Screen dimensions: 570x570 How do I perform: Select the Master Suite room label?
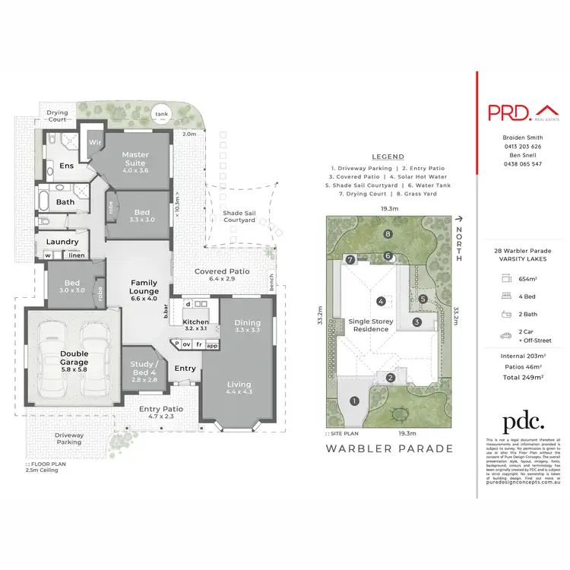pyautogui.click(x=135, y=159)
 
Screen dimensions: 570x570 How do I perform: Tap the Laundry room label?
pyautogui.click(x=62, y=242)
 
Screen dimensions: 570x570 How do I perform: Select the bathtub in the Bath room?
pyautogui.click(x=45, y=203)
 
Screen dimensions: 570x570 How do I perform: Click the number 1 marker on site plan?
pyautogui.click(x=353, y=401)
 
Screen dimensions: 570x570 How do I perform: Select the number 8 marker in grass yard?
pyautogui.click(x=388, y=234)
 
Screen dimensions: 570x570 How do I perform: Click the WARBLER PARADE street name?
pyautogui.click(x=389, y=448)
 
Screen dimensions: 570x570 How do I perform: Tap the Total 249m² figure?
pyautogui.click(x=522, y=377)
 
